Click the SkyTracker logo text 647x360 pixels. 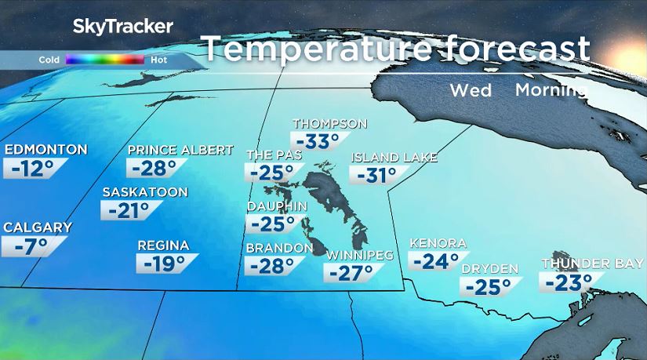click(122, 26)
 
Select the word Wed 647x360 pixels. click(471, 90)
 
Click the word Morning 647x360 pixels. click(551, 90)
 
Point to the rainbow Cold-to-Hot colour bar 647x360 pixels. click(104, 59)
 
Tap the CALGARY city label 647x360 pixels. click(38, 227)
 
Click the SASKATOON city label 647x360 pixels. click(145, 192)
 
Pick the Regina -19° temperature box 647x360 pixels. click(164, 264)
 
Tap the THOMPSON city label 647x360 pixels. click(329, 124)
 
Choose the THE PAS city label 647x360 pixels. click(274, 155)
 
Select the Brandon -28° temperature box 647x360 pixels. click(271, 266)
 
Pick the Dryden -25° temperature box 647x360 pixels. click(489, 287)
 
